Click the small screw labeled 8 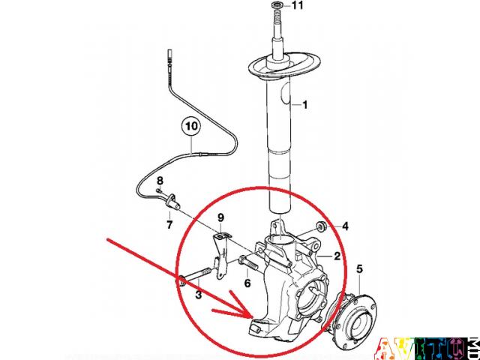coord(161,193)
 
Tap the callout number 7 coord(169,223)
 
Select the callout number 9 coord(220,218)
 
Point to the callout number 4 coord(345,226)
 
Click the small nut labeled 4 coord(321,226)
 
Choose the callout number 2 coord(337,256)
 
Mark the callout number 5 coord(359,268)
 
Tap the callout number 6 coord(247,283)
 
